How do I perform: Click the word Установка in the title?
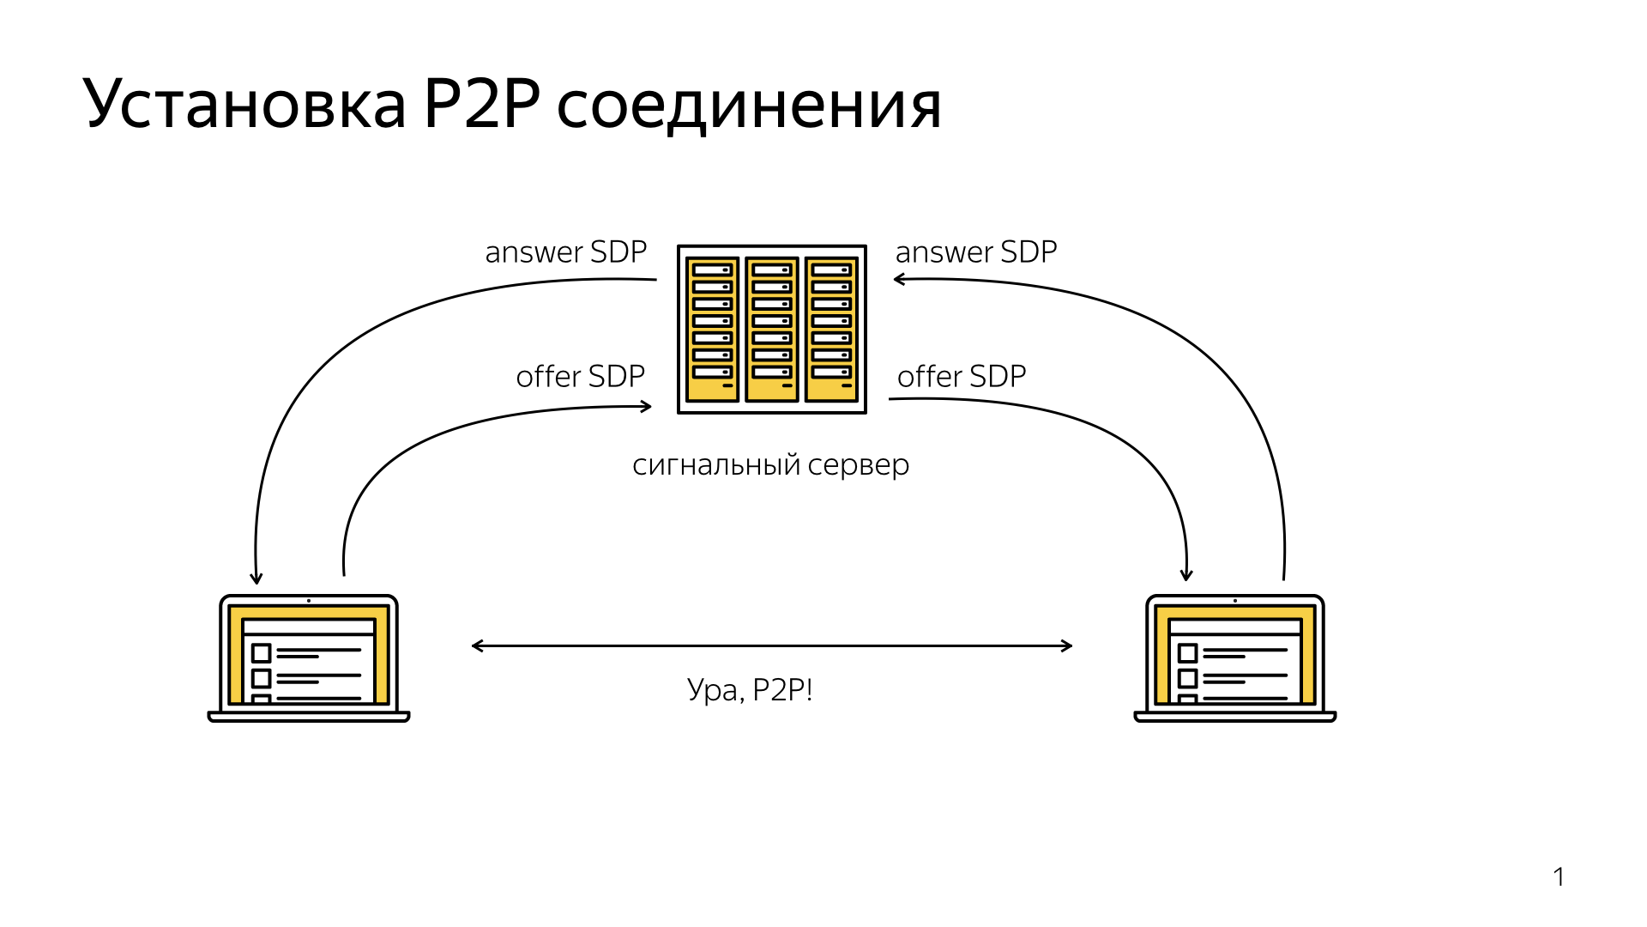[244, 105]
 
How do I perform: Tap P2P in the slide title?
[482, 105]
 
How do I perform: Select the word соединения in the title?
[749, 106]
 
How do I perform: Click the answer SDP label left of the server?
[565, 252]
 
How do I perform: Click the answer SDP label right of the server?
[975, 252]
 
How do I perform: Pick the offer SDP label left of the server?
[580, 377]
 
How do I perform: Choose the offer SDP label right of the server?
[961, 377]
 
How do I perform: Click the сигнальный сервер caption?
[770, 465]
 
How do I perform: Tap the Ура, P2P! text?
[750, 690]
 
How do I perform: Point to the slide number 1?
[1559, 877]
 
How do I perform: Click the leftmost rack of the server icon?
[712, 330]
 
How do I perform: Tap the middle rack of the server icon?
[772, 330]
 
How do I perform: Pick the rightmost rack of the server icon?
[831, 330]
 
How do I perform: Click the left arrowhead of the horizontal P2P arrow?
[476, 645]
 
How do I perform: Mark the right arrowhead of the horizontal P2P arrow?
[1068, 645]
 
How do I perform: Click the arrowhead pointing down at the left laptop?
[256, 579]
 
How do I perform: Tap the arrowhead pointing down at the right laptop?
[1186, 576]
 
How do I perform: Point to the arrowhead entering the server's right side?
[898, 279]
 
